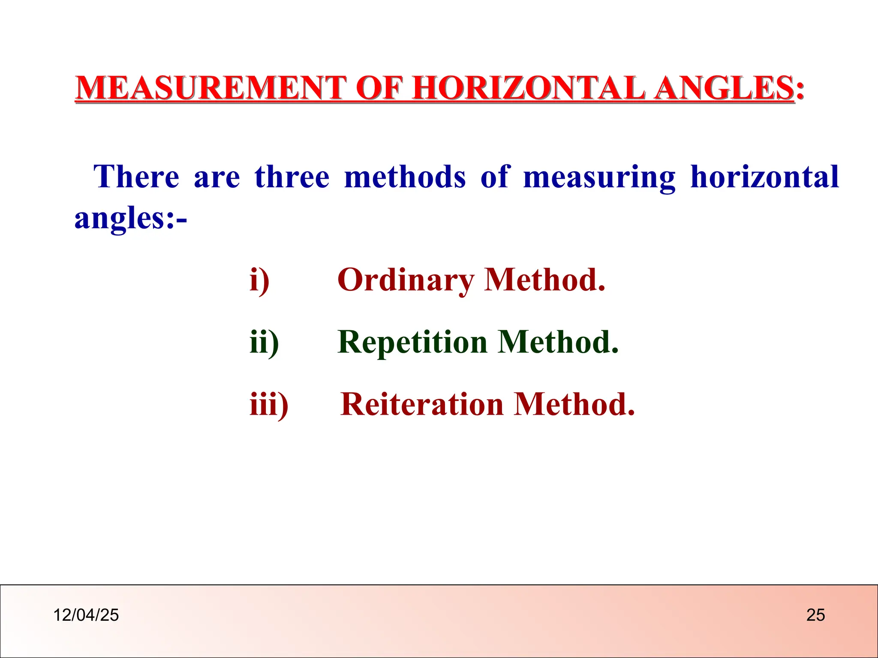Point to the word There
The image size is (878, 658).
pyautogui.click(x=136, y=176)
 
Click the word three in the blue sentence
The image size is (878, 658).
pyautogui.click(x=292, y=176)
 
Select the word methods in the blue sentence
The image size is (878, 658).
pyautogui.click(x=405, y=176)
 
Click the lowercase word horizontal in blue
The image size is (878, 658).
pyautogui.click(x=764, y=176)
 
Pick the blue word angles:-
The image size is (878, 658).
pyautogui.click(x=130, y=218)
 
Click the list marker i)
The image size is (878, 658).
pyautogui.click(x=259, y=280)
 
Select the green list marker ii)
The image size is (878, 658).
pyautogui.click(x=264, y=342)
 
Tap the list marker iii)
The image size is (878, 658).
pyautogui.click(x=269, y=404)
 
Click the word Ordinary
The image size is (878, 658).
pyautogui.click(x=405, y=280)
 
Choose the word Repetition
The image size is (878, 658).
pyautogui.click(x=412, y=342)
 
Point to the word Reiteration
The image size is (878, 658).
pyautogui.click(x=422, y=404)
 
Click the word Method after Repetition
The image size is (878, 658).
pyautogui.click(x=558, y=342)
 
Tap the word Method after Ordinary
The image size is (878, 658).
pyautogui.click(x=544, y=280)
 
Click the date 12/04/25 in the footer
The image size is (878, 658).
pyautogui.click(x=86, y=615)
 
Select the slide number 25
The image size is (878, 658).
pyautogui.click(x=815, y=615)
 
